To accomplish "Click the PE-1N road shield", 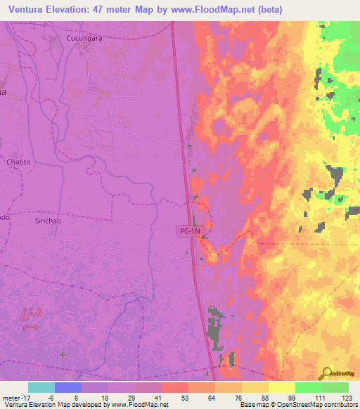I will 190,230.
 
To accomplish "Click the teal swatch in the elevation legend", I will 41,387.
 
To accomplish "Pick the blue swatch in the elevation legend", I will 68,387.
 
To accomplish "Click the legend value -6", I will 51,398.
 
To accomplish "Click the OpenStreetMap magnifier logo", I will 325,373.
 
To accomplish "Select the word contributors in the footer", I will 337,405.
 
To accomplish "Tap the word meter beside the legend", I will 11,398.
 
